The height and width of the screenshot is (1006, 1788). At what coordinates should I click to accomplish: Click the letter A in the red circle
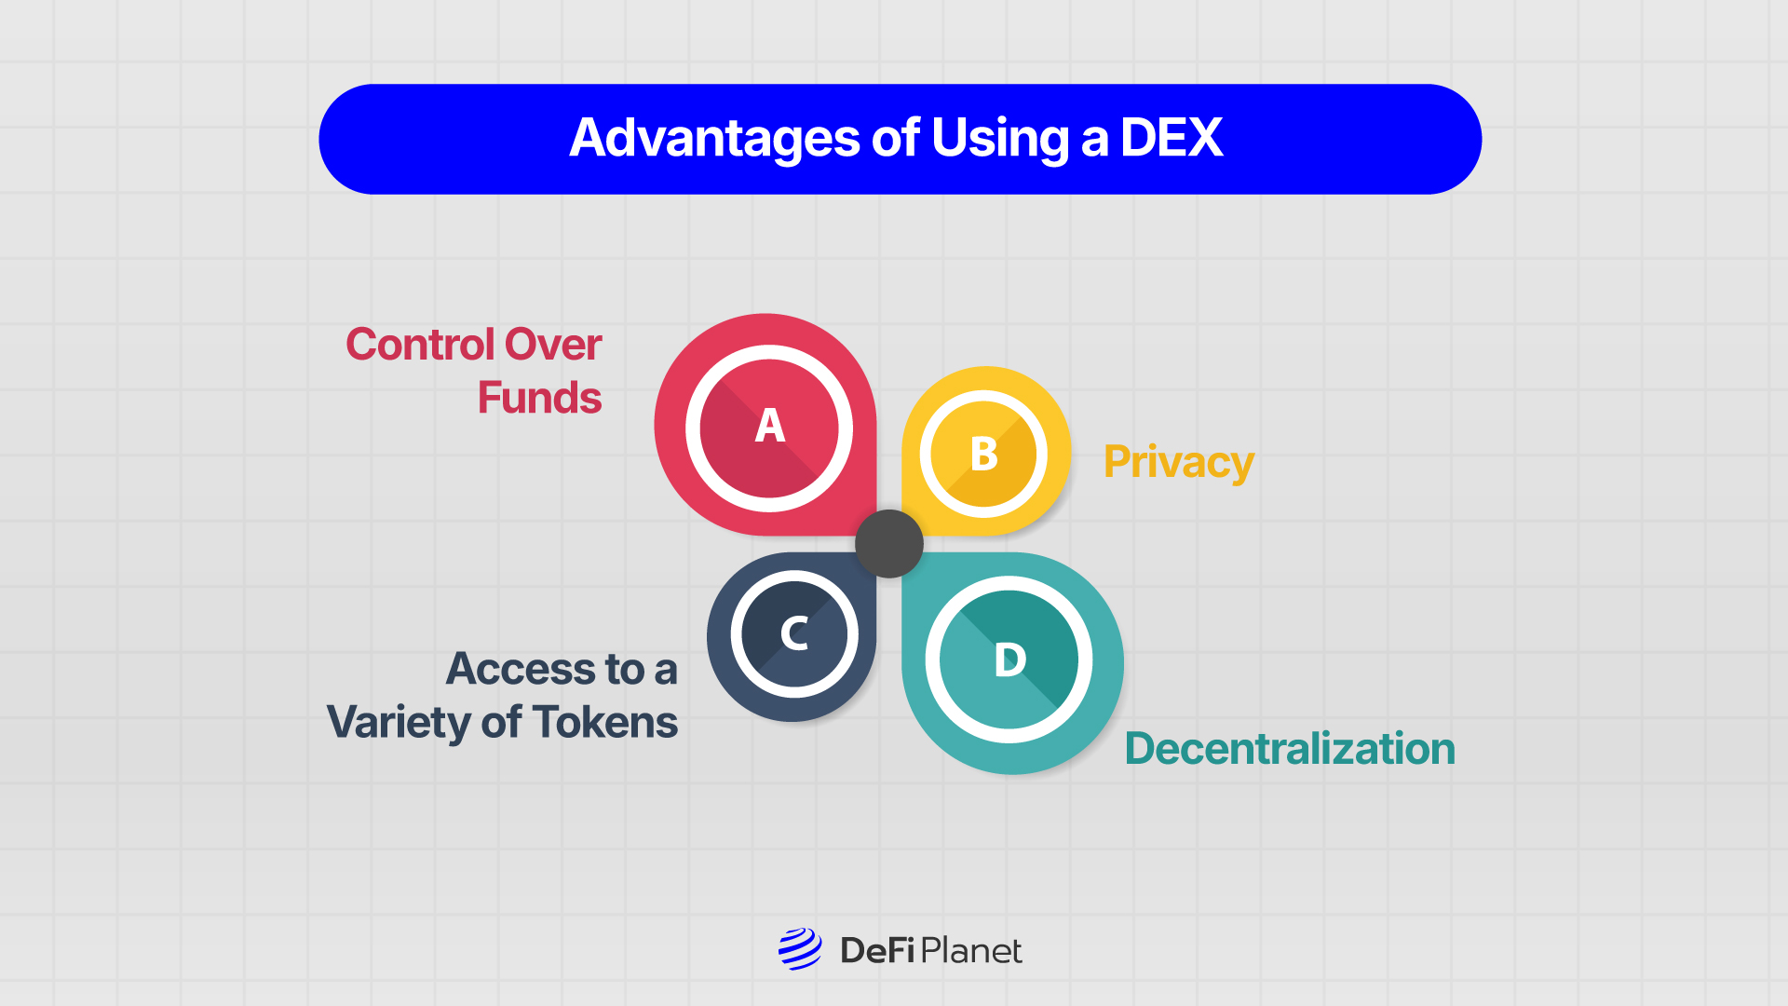pyautogui.click(x=769, y=427)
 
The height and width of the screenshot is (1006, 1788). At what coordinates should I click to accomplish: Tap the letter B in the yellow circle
pyautogui.click(x=983, y=455)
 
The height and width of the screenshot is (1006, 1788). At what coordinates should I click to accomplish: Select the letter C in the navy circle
pyautogui.click(x=793, y=633)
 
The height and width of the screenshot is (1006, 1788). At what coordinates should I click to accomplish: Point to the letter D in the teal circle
pyautogui.click(x=1009, y=660)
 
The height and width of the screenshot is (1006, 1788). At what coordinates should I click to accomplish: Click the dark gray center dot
pyautogui.click(x=889, y=544)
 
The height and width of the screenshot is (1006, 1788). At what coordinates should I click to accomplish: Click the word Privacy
pyautogui.click(x=1178, y=462)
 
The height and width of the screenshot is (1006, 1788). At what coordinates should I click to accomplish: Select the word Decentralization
pyautogui.click(x=1290, y=749)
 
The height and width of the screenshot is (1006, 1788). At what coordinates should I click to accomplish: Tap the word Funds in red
pyautogui.click(x=539, y=398)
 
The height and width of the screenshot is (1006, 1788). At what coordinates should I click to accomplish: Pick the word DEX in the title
pyautogui.click(x=1171, y=138)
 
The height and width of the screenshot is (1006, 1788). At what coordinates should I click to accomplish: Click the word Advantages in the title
pyautogui.click(x=714, y=138)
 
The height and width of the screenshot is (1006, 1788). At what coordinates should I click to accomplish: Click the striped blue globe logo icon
pyautogui.click(x=800, y=949)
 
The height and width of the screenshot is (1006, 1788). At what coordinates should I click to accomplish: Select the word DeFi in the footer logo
pyautogui.click(x=877, y=950)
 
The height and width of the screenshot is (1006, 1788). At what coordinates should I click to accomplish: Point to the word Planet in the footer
pyautogui.click(x=971, y=950)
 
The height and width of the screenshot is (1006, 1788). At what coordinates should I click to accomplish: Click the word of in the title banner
pyautogui.click(x=895, y=138)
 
